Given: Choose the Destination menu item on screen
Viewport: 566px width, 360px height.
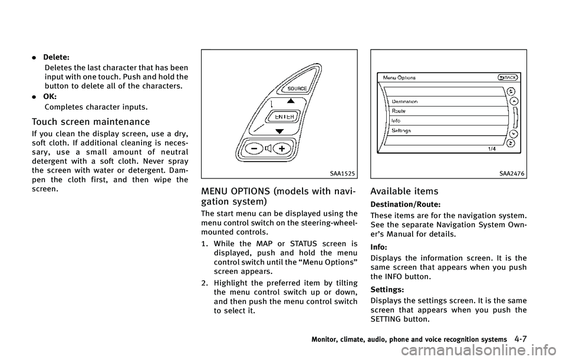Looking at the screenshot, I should (x=405, y=101).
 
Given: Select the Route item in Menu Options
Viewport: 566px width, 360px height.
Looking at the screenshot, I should (x=399, y=111).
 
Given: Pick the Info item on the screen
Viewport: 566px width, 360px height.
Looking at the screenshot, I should (x=396, y=121).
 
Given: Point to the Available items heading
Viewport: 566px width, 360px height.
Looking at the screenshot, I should (x=405, y=191).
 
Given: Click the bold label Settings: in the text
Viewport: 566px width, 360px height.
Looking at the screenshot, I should (x=388, y=290).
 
